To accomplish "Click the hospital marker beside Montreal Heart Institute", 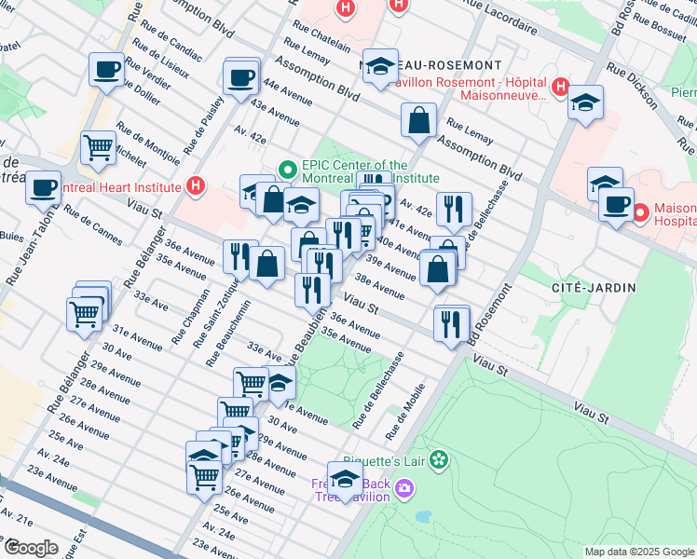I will coord(195,186).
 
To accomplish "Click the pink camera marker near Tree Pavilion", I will coord(403,487).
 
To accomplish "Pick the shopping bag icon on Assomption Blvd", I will coord(419,119).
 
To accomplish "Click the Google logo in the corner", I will coord(32,548).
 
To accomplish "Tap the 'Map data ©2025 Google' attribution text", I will coord(637,552).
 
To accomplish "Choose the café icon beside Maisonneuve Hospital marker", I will coord(615,204).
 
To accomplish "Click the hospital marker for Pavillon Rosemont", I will coord(560,89).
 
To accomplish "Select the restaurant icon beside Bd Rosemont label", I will coord(452,323).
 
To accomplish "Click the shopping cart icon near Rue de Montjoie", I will coord(98,147).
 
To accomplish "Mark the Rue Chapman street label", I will coord(181,322).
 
